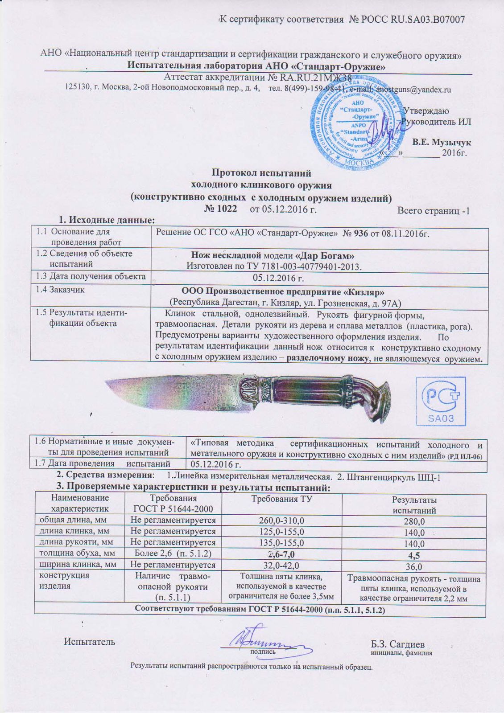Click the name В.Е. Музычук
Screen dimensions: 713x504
442,143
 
